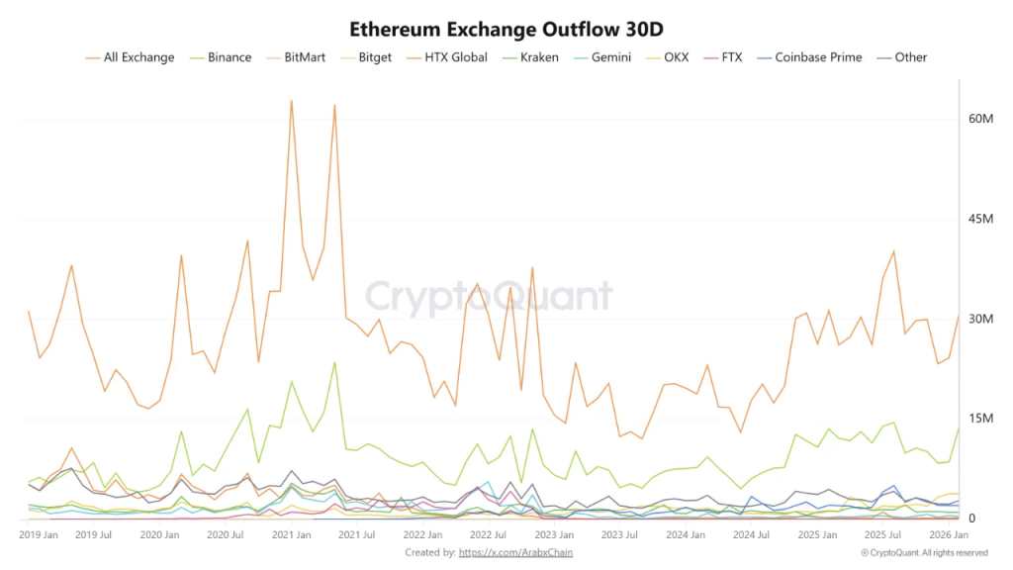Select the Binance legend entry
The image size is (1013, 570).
(229, 57)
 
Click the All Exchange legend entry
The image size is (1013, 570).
(138, 57)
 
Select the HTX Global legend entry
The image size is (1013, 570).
(455, 57)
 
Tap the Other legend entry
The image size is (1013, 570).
(910, 57)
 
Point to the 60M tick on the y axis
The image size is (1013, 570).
(980, 119)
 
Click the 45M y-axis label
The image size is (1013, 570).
(980, 219)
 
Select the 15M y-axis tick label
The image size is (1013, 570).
(980, 419)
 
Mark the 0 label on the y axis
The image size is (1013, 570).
(972, 519)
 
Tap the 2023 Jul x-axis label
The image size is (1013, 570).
(619, 534)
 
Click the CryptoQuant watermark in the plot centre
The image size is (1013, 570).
(490, 296)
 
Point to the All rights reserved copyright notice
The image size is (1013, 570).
(924, 552)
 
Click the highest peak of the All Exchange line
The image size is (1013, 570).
(291, 100)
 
